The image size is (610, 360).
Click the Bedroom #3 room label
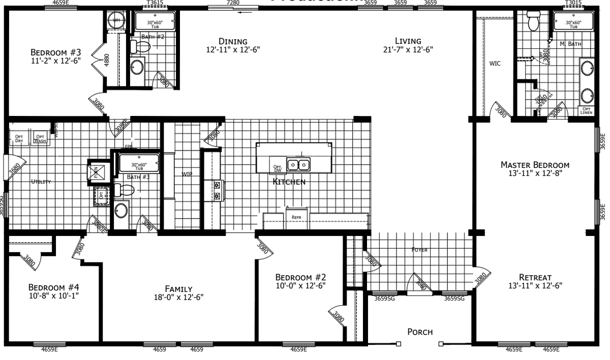click(56, 52)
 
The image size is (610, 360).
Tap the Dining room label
click(233, 41)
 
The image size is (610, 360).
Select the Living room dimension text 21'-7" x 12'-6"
click(408, 50)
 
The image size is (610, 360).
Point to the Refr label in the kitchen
click(296, 217)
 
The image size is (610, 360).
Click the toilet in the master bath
click(533, 22)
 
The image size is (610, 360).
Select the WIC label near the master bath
click(495, 64)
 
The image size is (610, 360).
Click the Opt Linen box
click(586, 110)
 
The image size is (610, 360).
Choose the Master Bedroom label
click(535, 165)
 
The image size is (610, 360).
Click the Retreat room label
click(535, 277)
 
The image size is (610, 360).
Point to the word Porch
click(420, 332)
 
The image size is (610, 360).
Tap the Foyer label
click(420, 250)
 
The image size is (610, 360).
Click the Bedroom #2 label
click(300, 277)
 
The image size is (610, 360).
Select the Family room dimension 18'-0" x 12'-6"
click(178, 297)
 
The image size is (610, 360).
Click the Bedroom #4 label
click(54, 286)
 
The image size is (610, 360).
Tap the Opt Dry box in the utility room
click(19, 138)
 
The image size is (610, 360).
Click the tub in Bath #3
click(139, 165)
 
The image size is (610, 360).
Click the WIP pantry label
click(187, 174)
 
